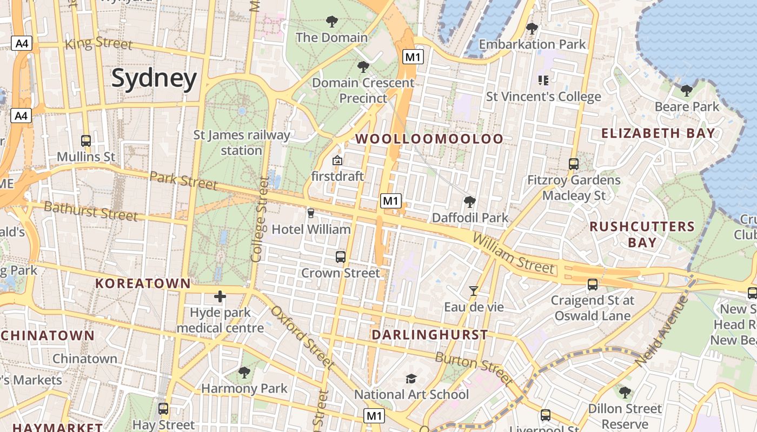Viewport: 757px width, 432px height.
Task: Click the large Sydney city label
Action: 154,79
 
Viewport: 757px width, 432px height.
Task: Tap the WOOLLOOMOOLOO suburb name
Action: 429,139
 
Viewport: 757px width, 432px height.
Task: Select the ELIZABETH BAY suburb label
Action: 658,133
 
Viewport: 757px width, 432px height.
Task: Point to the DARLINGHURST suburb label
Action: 430,335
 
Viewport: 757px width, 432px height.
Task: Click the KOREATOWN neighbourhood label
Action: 143,283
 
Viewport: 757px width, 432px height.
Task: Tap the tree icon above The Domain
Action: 332,22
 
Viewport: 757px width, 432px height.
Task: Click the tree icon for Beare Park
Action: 687,90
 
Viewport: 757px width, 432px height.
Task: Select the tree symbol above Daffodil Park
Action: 470,202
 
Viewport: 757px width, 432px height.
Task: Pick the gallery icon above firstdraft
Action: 337,160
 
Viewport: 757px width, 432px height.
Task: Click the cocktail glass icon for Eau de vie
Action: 474,291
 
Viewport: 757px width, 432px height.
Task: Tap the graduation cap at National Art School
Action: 411,379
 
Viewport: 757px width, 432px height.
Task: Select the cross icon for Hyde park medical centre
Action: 220,296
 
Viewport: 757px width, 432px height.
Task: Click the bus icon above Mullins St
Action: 86,141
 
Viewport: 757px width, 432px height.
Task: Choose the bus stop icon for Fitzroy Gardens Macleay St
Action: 574,164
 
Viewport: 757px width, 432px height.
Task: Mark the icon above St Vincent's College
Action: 543,81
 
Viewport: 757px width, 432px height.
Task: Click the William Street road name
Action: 513,254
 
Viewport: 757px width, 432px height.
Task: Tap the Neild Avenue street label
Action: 661,332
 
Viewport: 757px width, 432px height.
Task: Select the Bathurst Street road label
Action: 90,211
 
